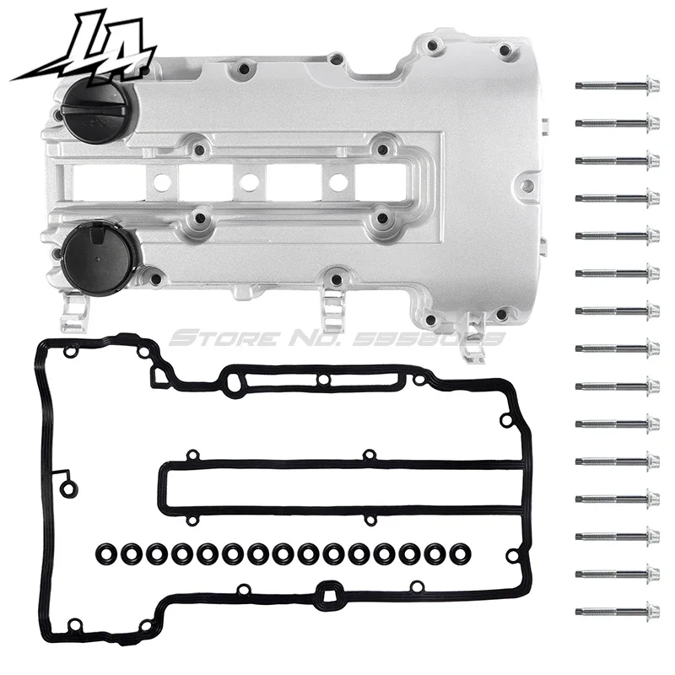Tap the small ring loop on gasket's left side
(x=69, y=485)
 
